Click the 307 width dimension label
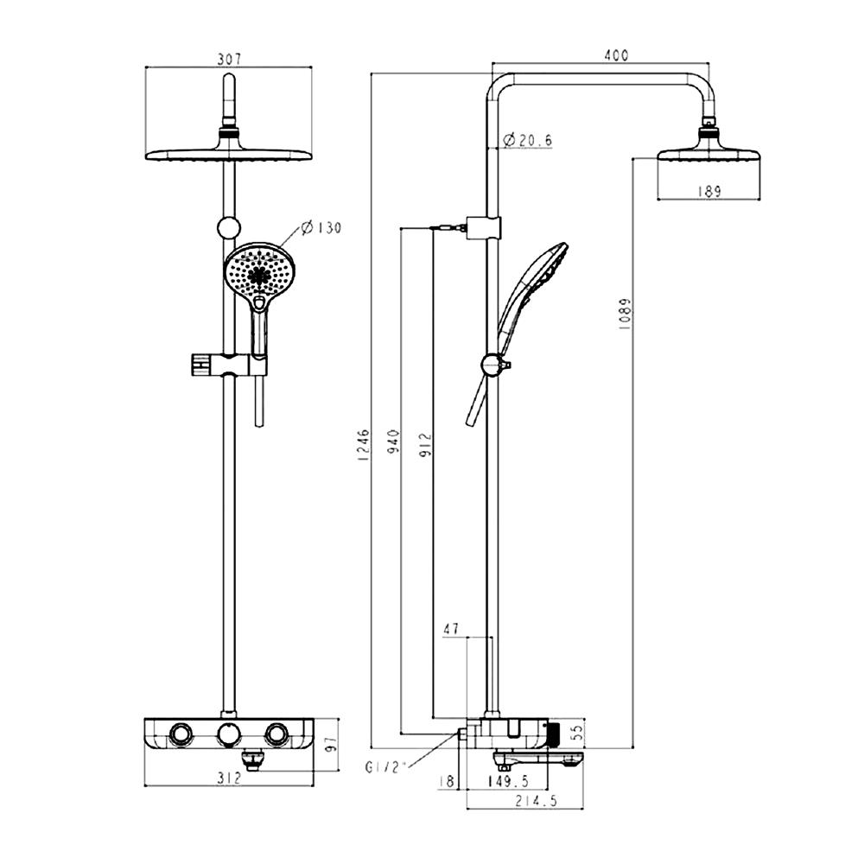pos(229,59)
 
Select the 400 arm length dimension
pos(615,55)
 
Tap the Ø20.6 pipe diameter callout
pos(526,140)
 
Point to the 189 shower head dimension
pos(708,193)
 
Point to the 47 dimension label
pos(451,629)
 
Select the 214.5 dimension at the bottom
pos(536,802)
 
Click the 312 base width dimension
pos(227,778)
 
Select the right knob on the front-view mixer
pos(276,734)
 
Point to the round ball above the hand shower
pos(228,227)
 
